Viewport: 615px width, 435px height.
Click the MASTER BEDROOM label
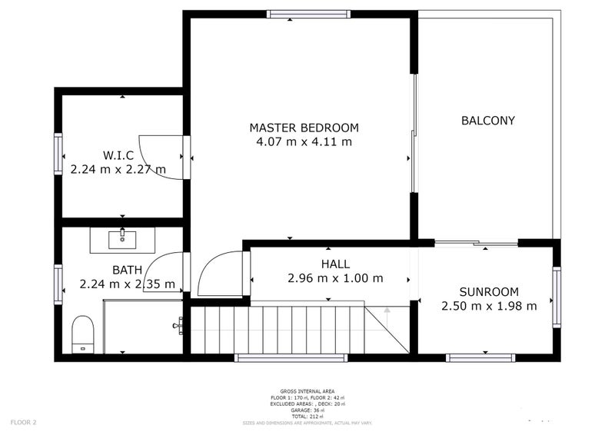pyautogui.click(x=304, y=128)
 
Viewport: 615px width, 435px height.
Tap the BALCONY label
pyautogui.click(x=487, y=121)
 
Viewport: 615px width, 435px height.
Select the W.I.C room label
pyautogui.click(x=118, y=155)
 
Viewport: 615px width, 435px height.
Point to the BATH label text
pyautogui.click(x=127, y=270)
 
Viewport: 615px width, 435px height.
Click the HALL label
pyautogui.click(x=335, y=264)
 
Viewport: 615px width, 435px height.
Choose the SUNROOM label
pyautogui.click(x=489, y=292)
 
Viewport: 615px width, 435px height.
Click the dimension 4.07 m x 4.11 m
pyautogui.click(x=304, y=142)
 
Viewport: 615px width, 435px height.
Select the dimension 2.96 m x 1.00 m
pyautogui.click(x=335, y=278)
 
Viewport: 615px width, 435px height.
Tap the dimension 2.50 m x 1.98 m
pyautogui.click(x=489, y=306)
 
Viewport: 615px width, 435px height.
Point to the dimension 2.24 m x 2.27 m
pyautogui.click(x=118, y=169)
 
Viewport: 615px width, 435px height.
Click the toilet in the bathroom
pyautogui.click(x=82, y=334)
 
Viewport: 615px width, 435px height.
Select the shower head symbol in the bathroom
pyautogui.click(x=179, y=325)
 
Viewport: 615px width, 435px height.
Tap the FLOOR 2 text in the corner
pyautogui.click(x=23, y=422)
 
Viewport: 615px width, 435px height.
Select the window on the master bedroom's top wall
pyautogui.click(x=308, y=14)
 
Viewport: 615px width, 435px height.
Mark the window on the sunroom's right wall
pyautogui.click(x=557, y=297)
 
